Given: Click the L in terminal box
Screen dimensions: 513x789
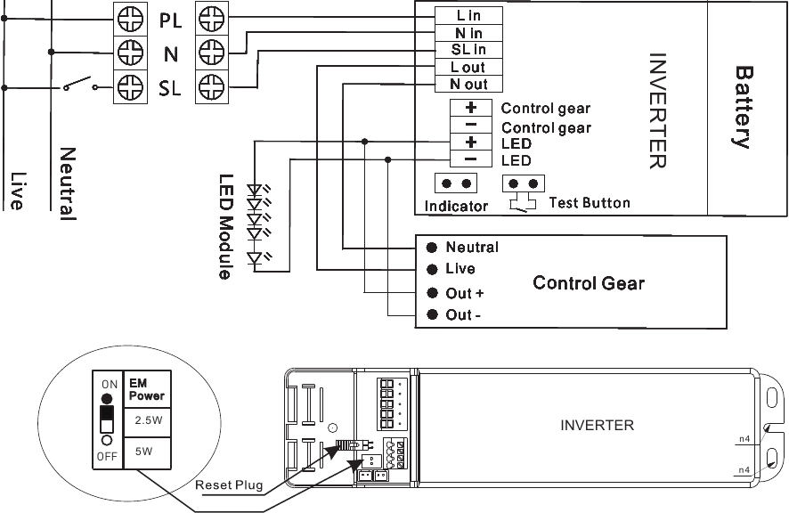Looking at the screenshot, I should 468,15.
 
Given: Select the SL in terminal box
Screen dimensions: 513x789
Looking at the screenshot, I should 468,50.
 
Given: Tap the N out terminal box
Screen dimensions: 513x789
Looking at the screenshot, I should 468,85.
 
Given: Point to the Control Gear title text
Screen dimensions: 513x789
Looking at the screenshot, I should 588,283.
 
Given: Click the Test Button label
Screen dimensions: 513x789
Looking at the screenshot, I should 589,203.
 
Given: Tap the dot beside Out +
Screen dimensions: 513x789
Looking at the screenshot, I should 432,293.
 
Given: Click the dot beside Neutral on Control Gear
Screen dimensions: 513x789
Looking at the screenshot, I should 432,248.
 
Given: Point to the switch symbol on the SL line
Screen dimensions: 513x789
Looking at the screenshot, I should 79,86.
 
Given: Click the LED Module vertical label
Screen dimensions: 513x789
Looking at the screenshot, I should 225,226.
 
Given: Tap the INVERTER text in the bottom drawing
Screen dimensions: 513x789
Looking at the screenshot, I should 597,425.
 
